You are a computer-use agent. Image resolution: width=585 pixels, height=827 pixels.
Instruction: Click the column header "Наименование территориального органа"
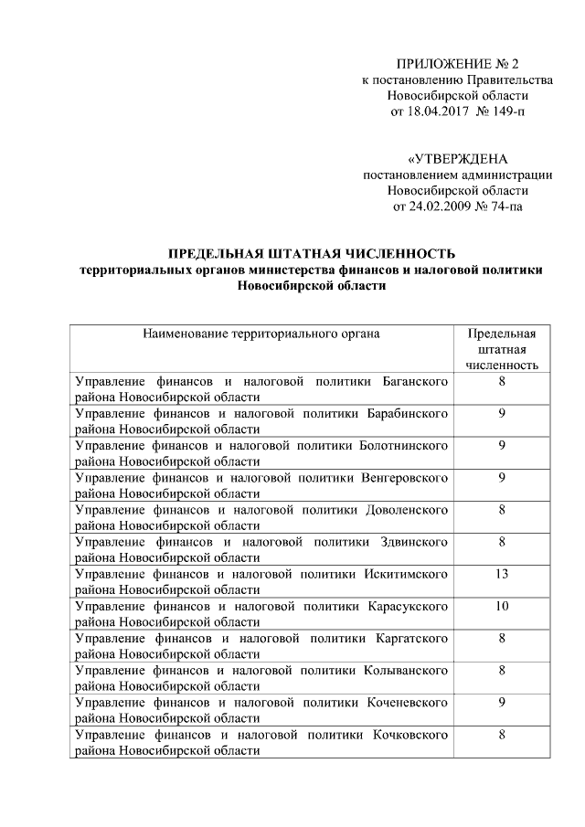(261, 334)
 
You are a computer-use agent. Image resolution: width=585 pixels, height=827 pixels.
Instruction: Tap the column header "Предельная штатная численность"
(503, 349)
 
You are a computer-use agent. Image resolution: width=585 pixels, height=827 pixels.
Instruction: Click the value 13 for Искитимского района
(503, 573)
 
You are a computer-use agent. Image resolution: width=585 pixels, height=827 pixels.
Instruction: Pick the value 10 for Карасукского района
(503, 605)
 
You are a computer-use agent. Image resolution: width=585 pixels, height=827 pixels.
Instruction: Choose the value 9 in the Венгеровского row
(503, 477)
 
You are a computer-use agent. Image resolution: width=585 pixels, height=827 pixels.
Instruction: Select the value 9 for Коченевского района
(503, 701)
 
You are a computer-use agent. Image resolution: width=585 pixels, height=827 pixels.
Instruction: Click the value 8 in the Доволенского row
(503, 509)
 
